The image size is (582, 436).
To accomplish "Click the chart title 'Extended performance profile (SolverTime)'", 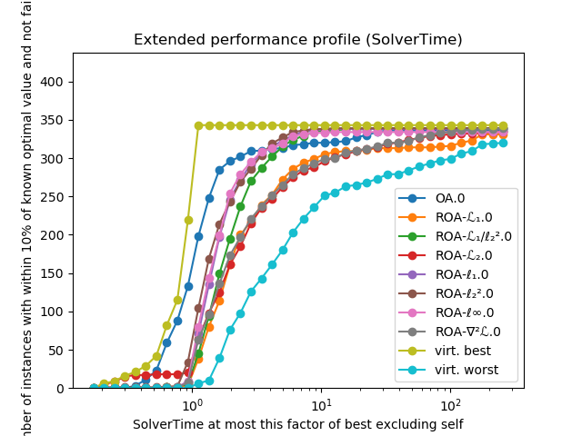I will (x=297, y=40).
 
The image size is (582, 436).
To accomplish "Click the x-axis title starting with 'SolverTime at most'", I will (x=297, y=424).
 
